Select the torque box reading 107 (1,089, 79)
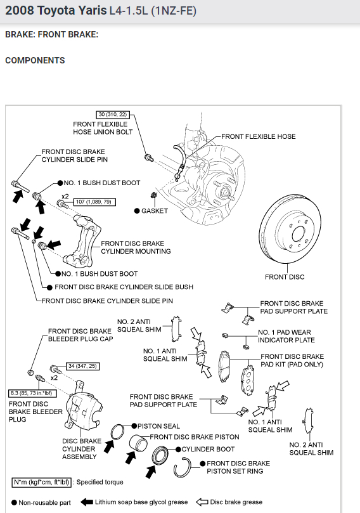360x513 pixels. (94, 202)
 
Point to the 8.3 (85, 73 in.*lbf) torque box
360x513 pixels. (32, 393)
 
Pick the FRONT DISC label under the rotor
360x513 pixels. (285, 277)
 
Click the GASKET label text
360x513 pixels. (155, 211)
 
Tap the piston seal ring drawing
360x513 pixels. (117, 432)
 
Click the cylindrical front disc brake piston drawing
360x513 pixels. (138, 443)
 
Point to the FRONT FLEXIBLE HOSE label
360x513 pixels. (259, 136)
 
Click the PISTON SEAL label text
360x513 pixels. (158, 426)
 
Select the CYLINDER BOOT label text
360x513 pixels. (208, 449)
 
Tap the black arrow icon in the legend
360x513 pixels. (86, 502)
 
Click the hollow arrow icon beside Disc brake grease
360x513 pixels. (202, 502)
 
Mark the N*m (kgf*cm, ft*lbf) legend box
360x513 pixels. (42, 483)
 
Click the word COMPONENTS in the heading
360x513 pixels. (35, 60)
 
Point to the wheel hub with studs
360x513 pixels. (223, 190)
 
